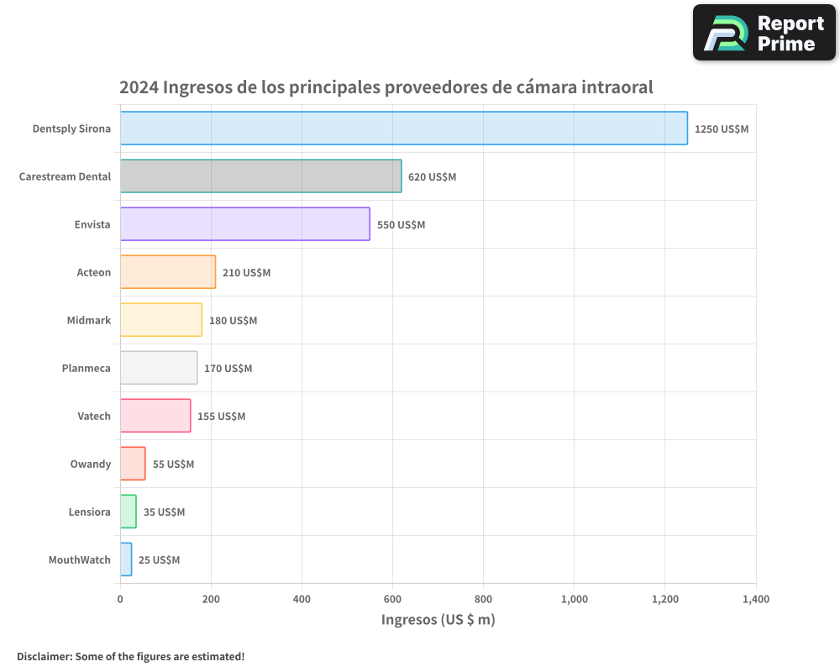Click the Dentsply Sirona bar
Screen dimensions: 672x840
(x=403, y=129)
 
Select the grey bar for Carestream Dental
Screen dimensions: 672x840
(x=260, y=176)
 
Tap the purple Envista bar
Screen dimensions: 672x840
(x=244, y=224)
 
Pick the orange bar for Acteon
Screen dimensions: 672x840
(x=168, y=272)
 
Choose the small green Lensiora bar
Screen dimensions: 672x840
(x=128, y=512)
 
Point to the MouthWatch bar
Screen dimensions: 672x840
(x=126, y=559)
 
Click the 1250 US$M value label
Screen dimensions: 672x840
(x=721, y=129)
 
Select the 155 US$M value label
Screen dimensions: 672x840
(x=221, y=417)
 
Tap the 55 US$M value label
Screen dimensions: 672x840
(x=173, y=465)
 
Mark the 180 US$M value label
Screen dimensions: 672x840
(x=233, y=321)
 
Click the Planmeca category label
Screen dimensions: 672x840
(x=86, y=368)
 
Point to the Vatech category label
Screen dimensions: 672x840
(x=94, y=416)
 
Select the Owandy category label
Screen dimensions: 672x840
(x=91, y=464)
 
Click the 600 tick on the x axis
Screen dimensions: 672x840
(x=392, y=599)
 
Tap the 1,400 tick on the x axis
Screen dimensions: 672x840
(x=755, y=599)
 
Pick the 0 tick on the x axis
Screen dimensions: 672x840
(x=120, y=599)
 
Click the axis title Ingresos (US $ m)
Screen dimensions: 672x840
(x=438, y=620)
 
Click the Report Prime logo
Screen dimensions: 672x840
(x=764, y=33)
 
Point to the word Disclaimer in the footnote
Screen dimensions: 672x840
(x=43, y=656)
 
